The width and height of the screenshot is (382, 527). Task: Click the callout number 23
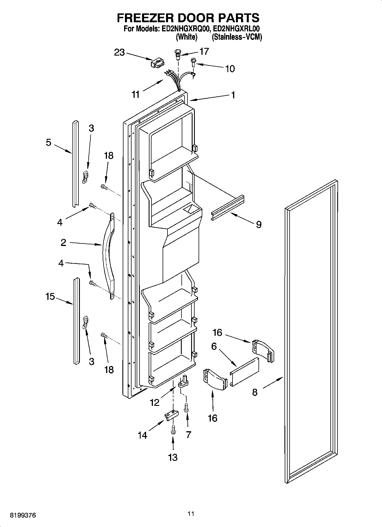click(120, 52)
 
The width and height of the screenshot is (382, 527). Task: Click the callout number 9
click(258, 225)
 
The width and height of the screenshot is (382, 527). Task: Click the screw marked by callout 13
click(173, 429)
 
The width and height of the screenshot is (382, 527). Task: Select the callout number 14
click(142, 435)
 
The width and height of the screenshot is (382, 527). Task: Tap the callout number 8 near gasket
click(255, 392)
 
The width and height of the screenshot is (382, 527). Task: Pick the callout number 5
click(48, 142)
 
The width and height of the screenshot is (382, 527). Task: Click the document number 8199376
click(23, 515)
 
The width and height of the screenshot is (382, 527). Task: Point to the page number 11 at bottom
click(191, 514)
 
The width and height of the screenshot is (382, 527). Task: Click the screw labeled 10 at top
click(193, 62)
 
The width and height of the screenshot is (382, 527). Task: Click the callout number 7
click(188, 435)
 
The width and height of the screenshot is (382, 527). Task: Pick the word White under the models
click(187, 37)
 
